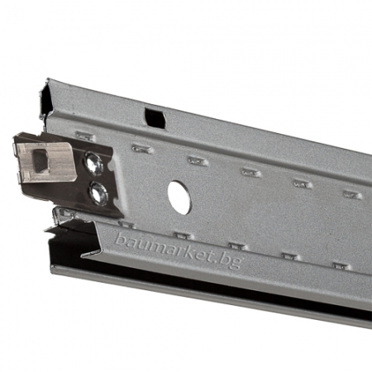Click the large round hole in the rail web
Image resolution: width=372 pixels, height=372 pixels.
179,198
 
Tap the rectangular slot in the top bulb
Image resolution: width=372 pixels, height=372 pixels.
155,118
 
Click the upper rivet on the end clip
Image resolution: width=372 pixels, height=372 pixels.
94,163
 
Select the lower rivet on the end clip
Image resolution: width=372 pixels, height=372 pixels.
98,193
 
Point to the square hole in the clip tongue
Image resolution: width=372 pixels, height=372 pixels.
41,160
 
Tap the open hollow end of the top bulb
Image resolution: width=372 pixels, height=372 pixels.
45,99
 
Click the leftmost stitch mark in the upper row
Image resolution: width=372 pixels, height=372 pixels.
85,136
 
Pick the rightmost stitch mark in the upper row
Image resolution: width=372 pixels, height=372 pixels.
353,195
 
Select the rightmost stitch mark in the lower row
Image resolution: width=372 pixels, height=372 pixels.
341,266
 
